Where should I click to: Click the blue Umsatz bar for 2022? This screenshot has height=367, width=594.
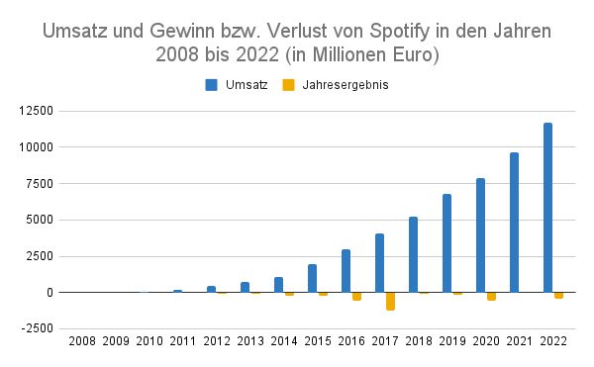(547, 208)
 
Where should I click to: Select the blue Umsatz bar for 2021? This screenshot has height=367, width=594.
(514, 223)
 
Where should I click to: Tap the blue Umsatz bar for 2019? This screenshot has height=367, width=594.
(446, 243)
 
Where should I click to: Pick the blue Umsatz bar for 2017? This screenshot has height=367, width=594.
(379, 263)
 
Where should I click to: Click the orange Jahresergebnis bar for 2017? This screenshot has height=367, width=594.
(390, 301)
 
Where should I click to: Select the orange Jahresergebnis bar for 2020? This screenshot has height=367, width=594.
(491, 296)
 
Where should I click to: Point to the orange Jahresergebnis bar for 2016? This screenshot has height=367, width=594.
(356, 296)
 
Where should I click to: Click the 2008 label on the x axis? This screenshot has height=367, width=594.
(82, 342)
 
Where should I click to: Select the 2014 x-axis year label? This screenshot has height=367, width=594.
(284, 342)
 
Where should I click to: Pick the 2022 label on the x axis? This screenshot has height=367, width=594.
(553, 342)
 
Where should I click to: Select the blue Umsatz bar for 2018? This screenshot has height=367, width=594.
(413, 254)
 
